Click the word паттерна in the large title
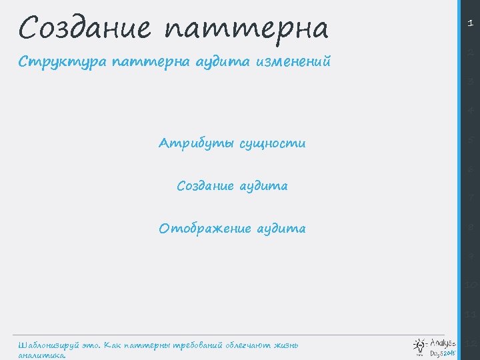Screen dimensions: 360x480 coord(246,29)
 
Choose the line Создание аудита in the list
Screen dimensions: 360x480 coord(232,186)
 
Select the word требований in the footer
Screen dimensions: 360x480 coord(198,345)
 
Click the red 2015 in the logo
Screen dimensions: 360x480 coord(449,353)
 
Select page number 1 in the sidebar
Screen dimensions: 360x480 coord(471,23)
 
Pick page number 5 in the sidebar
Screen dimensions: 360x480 coord(471,141)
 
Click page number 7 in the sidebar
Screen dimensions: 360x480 coord(471,198)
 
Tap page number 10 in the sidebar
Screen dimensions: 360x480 coord(471,285)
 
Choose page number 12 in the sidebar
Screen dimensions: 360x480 coord(471,343)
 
